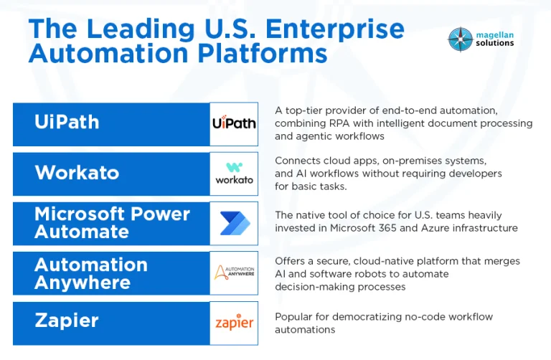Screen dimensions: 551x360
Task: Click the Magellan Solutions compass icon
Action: point(460,39)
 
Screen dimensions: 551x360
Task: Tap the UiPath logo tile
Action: point(234,124)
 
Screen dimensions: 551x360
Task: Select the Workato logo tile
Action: point(234,174)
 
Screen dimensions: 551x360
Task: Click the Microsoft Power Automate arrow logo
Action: point(235,223)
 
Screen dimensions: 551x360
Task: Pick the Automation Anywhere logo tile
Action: point(234,273)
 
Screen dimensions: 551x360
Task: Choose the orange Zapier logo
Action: point(234,322)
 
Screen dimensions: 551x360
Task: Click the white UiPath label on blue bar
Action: point(67,122)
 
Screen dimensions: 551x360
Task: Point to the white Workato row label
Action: point(77,172)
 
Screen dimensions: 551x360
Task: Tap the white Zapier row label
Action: point(67,321)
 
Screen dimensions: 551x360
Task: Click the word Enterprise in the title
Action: point(335,29)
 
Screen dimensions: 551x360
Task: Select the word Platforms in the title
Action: point(263,53)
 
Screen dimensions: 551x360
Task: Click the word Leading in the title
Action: point(141,29)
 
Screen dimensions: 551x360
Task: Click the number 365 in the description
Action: point(387,228)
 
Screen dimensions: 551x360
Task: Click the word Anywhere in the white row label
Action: point(83,283)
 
